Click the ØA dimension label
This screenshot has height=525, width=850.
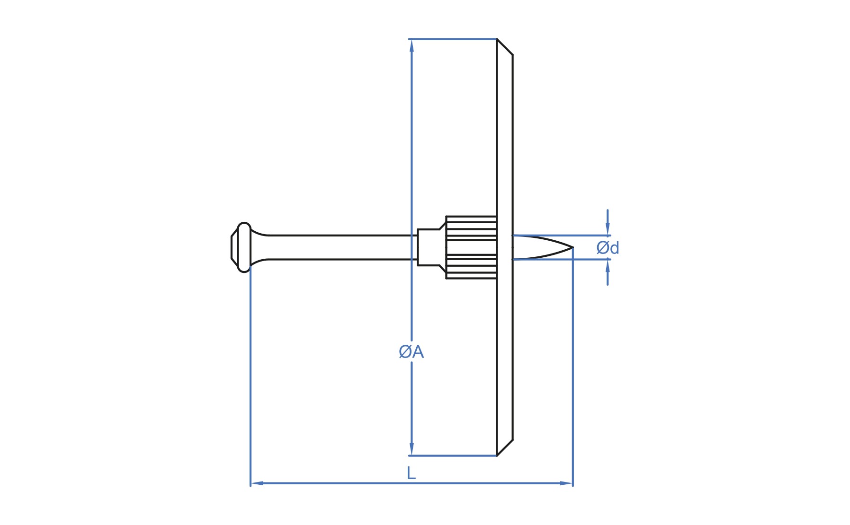pos(411,352)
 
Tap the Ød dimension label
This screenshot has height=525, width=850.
pos(608,248)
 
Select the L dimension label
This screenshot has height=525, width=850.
pos(411,473)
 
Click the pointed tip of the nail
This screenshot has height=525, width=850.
pos(573,247)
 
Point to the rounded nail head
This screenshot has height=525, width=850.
pos(242,247)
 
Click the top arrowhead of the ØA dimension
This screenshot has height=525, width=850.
pos(412,45)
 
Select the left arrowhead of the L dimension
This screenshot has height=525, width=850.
pos(257,483)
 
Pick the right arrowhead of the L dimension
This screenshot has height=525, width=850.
pos(566,483)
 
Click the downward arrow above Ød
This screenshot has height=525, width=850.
pos(608,222)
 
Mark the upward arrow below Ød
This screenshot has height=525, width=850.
pos(608,272)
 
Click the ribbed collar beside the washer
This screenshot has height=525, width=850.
pos(471,247)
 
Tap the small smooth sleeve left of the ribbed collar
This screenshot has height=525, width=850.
pos(429,247)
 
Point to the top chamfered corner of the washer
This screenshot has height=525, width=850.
pos(505,47)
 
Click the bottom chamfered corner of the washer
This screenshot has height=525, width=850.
pos(505,448)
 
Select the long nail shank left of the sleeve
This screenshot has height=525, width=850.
pos(334,247)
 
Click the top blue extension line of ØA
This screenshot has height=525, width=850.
pos(453,39)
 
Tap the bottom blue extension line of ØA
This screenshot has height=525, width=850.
pos(453,456)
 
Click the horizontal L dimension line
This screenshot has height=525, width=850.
pos(412,483)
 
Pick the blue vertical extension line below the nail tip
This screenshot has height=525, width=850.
pos(573,367)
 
